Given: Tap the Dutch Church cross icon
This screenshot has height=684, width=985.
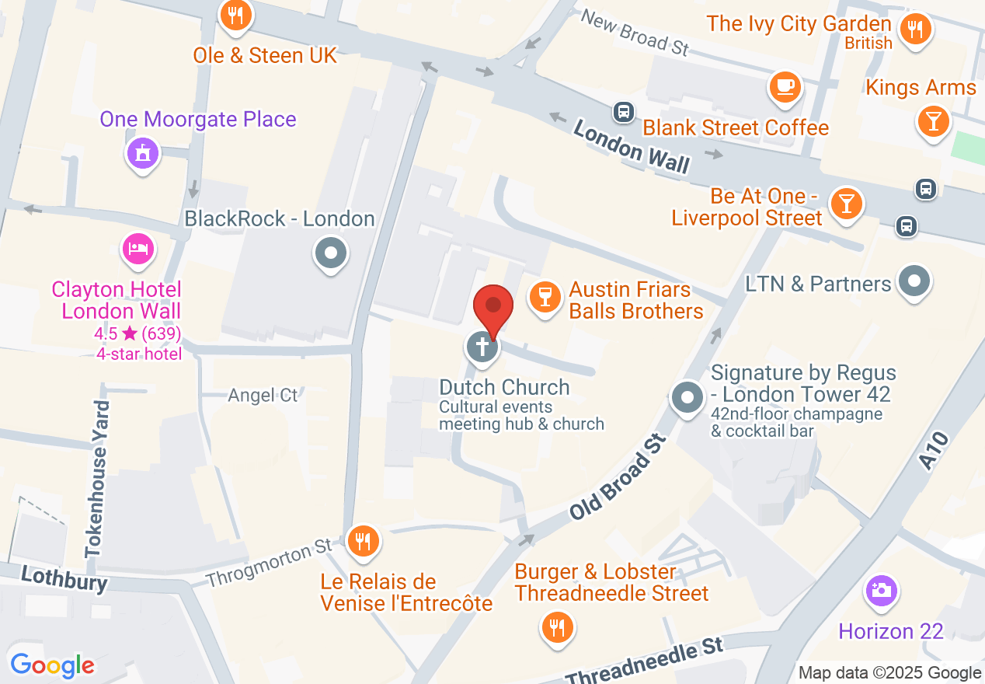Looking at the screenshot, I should tap(482, 346).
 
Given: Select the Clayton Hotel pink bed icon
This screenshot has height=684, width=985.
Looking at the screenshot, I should tap(138, 249).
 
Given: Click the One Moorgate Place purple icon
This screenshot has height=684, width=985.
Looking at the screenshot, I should tap(142, 153).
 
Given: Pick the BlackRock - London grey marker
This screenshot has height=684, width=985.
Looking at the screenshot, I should tap(331, 253).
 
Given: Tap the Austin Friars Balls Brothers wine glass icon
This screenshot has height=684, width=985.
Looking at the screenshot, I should tap(545, 296).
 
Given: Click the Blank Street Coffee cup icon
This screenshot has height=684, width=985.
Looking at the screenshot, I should tap(785, 85).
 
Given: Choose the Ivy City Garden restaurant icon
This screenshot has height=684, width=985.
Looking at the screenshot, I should tap(916, 30).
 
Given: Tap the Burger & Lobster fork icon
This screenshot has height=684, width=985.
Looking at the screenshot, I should tap(555, 625).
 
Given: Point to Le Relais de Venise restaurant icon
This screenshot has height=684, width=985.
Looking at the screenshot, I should tap(362, 539).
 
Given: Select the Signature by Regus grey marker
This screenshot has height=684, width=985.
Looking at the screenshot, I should tap(687, 398).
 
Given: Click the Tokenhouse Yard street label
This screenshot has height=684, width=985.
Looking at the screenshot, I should tap(96, 478).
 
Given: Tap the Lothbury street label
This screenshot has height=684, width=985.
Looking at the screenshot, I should tap(64, 578).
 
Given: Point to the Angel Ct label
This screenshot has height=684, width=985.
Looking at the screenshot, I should tap(263, 395).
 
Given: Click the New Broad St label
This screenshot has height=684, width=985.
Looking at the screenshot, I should tap(635, 32).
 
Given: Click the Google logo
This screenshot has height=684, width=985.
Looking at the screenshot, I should tap(52, 665).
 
